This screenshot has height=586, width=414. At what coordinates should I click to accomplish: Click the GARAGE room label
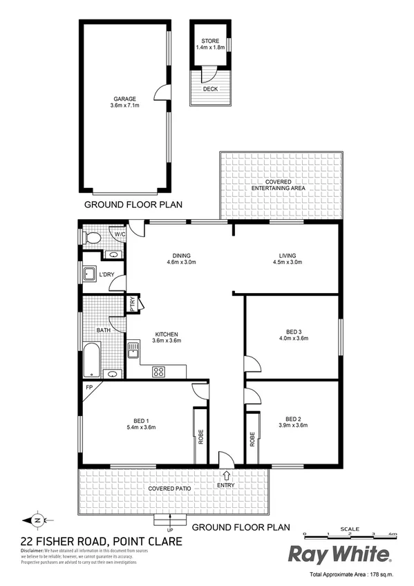pos(124,99)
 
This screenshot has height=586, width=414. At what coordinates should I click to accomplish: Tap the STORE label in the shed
pos(210,41)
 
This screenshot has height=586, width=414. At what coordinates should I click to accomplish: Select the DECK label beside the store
pos(209,89)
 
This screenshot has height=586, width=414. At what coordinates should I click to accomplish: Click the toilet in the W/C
pos(92,238)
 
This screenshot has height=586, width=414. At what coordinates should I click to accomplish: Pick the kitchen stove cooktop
pos(158,371)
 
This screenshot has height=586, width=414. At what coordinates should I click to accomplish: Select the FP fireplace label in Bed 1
pos(88,388)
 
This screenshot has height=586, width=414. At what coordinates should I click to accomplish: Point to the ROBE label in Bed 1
pos(201,437)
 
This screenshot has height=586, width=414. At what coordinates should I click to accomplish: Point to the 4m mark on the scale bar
pos(393,534)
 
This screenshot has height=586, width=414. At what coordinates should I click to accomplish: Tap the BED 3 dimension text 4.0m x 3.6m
pos(293,338)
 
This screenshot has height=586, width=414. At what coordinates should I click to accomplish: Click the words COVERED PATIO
pos(169,489)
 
